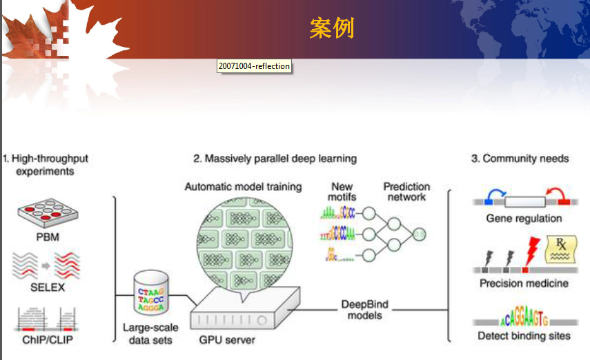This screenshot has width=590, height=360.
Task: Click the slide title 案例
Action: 332,28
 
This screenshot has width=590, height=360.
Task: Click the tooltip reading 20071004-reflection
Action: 254,66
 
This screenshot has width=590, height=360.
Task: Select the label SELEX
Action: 47,287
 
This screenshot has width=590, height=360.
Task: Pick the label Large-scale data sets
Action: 153,334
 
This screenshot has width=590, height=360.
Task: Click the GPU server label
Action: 226,340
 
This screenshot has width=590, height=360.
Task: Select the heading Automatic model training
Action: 243,187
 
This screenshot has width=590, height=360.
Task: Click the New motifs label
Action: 342,192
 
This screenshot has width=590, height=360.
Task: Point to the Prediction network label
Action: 406,192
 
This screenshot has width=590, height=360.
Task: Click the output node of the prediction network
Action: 419,236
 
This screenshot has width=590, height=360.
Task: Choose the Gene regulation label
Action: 524,219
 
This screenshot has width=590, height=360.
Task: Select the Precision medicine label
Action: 524,283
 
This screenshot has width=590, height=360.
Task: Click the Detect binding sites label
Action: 524,336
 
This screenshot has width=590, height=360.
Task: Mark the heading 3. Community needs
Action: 520,159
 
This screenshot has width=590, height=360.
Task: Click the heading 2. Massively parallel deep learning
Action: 275,159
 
